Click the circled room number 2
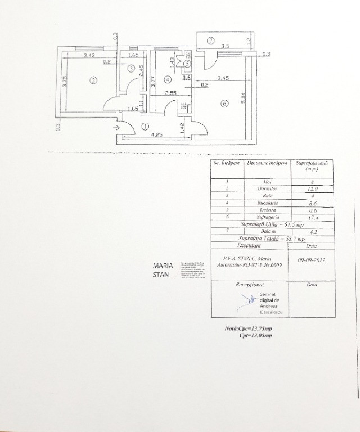coord(93,80)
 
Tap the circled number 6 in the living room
coord(224,103)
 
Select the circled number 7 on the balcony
coord(210,40)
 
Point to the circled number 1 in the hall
coord(145,127)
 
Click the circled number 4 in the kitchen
coord(168,80)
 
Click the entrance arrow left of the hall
coord(116,127)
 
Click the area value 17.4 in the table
coord(310,217)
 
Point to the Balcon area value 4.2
coord(311,231)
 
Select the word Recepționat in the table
coord(250,285)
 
